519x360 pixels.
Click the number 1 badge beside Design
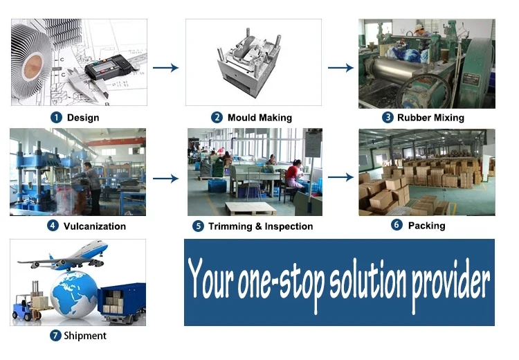56,118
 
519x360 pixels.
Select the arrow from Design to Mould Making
165,68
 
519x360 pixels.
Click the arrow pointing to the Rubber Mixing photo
340,68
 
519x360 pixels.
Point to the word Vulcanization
95,226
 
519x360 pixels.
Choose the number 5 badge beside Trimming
198,226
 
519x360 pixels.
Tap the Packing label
427,226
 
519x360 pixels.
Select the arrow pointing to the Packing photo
340,177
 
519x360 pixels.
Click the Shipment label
85,336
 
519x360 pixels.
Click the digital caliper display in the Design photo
101,68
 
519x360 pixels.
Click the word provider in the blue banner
450,283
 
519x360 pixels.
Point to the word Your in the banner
211,278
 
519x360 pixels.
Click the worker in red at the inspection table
294,176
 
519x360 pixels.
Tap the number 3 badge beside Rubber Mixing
388,117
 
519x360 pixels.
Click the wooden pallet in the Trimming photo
251,208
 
